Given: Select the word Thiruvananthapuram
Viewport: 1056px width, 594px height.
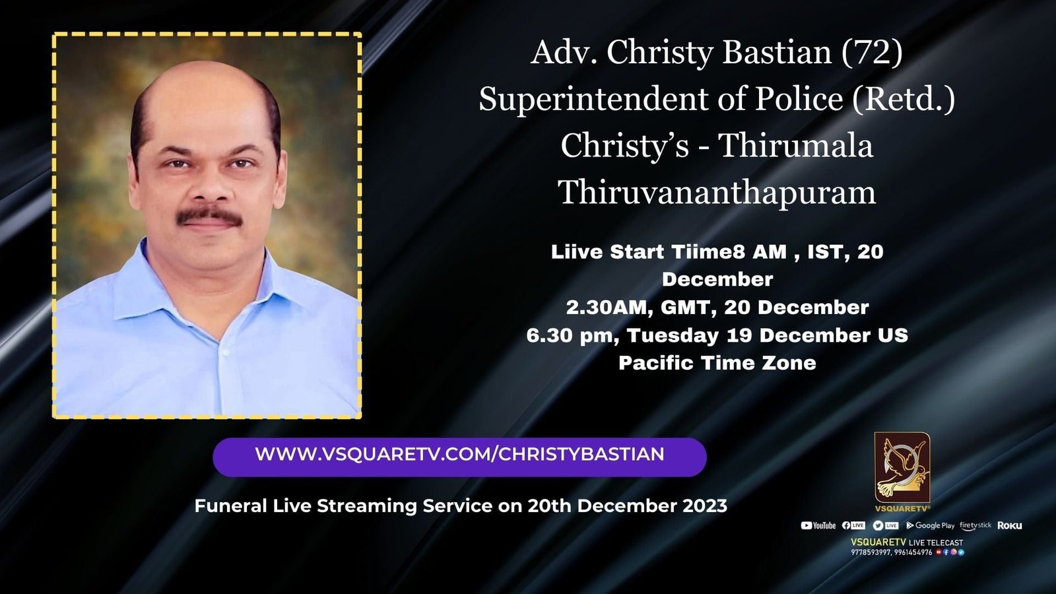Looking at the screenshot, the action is point(717,193).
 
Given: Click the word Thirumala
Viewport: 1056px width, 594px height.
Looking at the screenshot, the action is point(796,146).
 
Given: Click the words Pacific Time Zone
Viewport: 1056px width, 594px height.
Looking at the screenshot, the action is point(717,363).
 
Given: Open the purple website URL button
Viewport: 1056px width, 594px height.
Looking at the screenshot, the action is point(459,457).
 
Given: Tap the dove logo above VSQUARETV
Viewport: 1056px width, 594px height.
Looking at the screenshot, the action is point(902,468).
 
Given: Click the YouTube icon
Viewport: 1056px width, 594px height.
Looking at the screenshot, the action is point(806,525).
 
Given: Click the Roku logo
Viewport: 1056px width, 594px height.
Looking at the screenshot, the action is point(1009,525).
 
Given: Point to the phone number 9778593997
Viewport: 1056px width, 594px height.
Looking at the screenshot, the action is point(871,552).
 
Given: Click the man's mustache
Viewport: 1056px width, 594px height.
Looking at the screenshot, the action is point(210,216).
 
